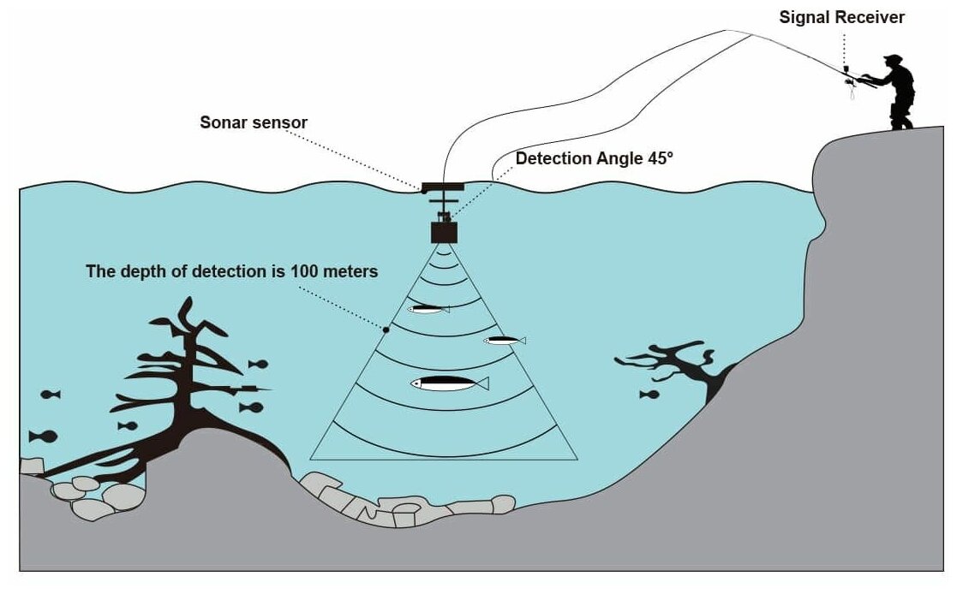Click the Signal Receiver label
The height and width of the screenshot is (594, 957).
[x=842, y=17]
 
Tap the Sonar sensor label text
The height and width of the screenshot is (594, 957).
[x=254, y=122]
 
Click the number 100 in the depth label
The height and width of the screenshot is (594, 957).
[x=312, y=272]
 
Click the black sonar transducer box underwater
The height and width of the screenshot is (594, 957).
[x=444, y=232]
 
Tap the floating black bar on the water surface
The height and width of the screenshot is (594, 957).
[x=442, y=187]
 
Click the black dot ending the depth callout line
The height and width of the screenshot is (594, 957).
[x=386, y=330]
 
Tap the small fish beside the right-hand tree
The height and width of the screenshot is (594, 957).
[x=649, y=395]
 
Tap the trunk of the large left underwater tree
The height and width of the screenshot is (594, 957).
[x=184, y=402]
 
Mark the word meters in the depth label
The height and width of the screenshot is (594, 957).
[x=351, y=272]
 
